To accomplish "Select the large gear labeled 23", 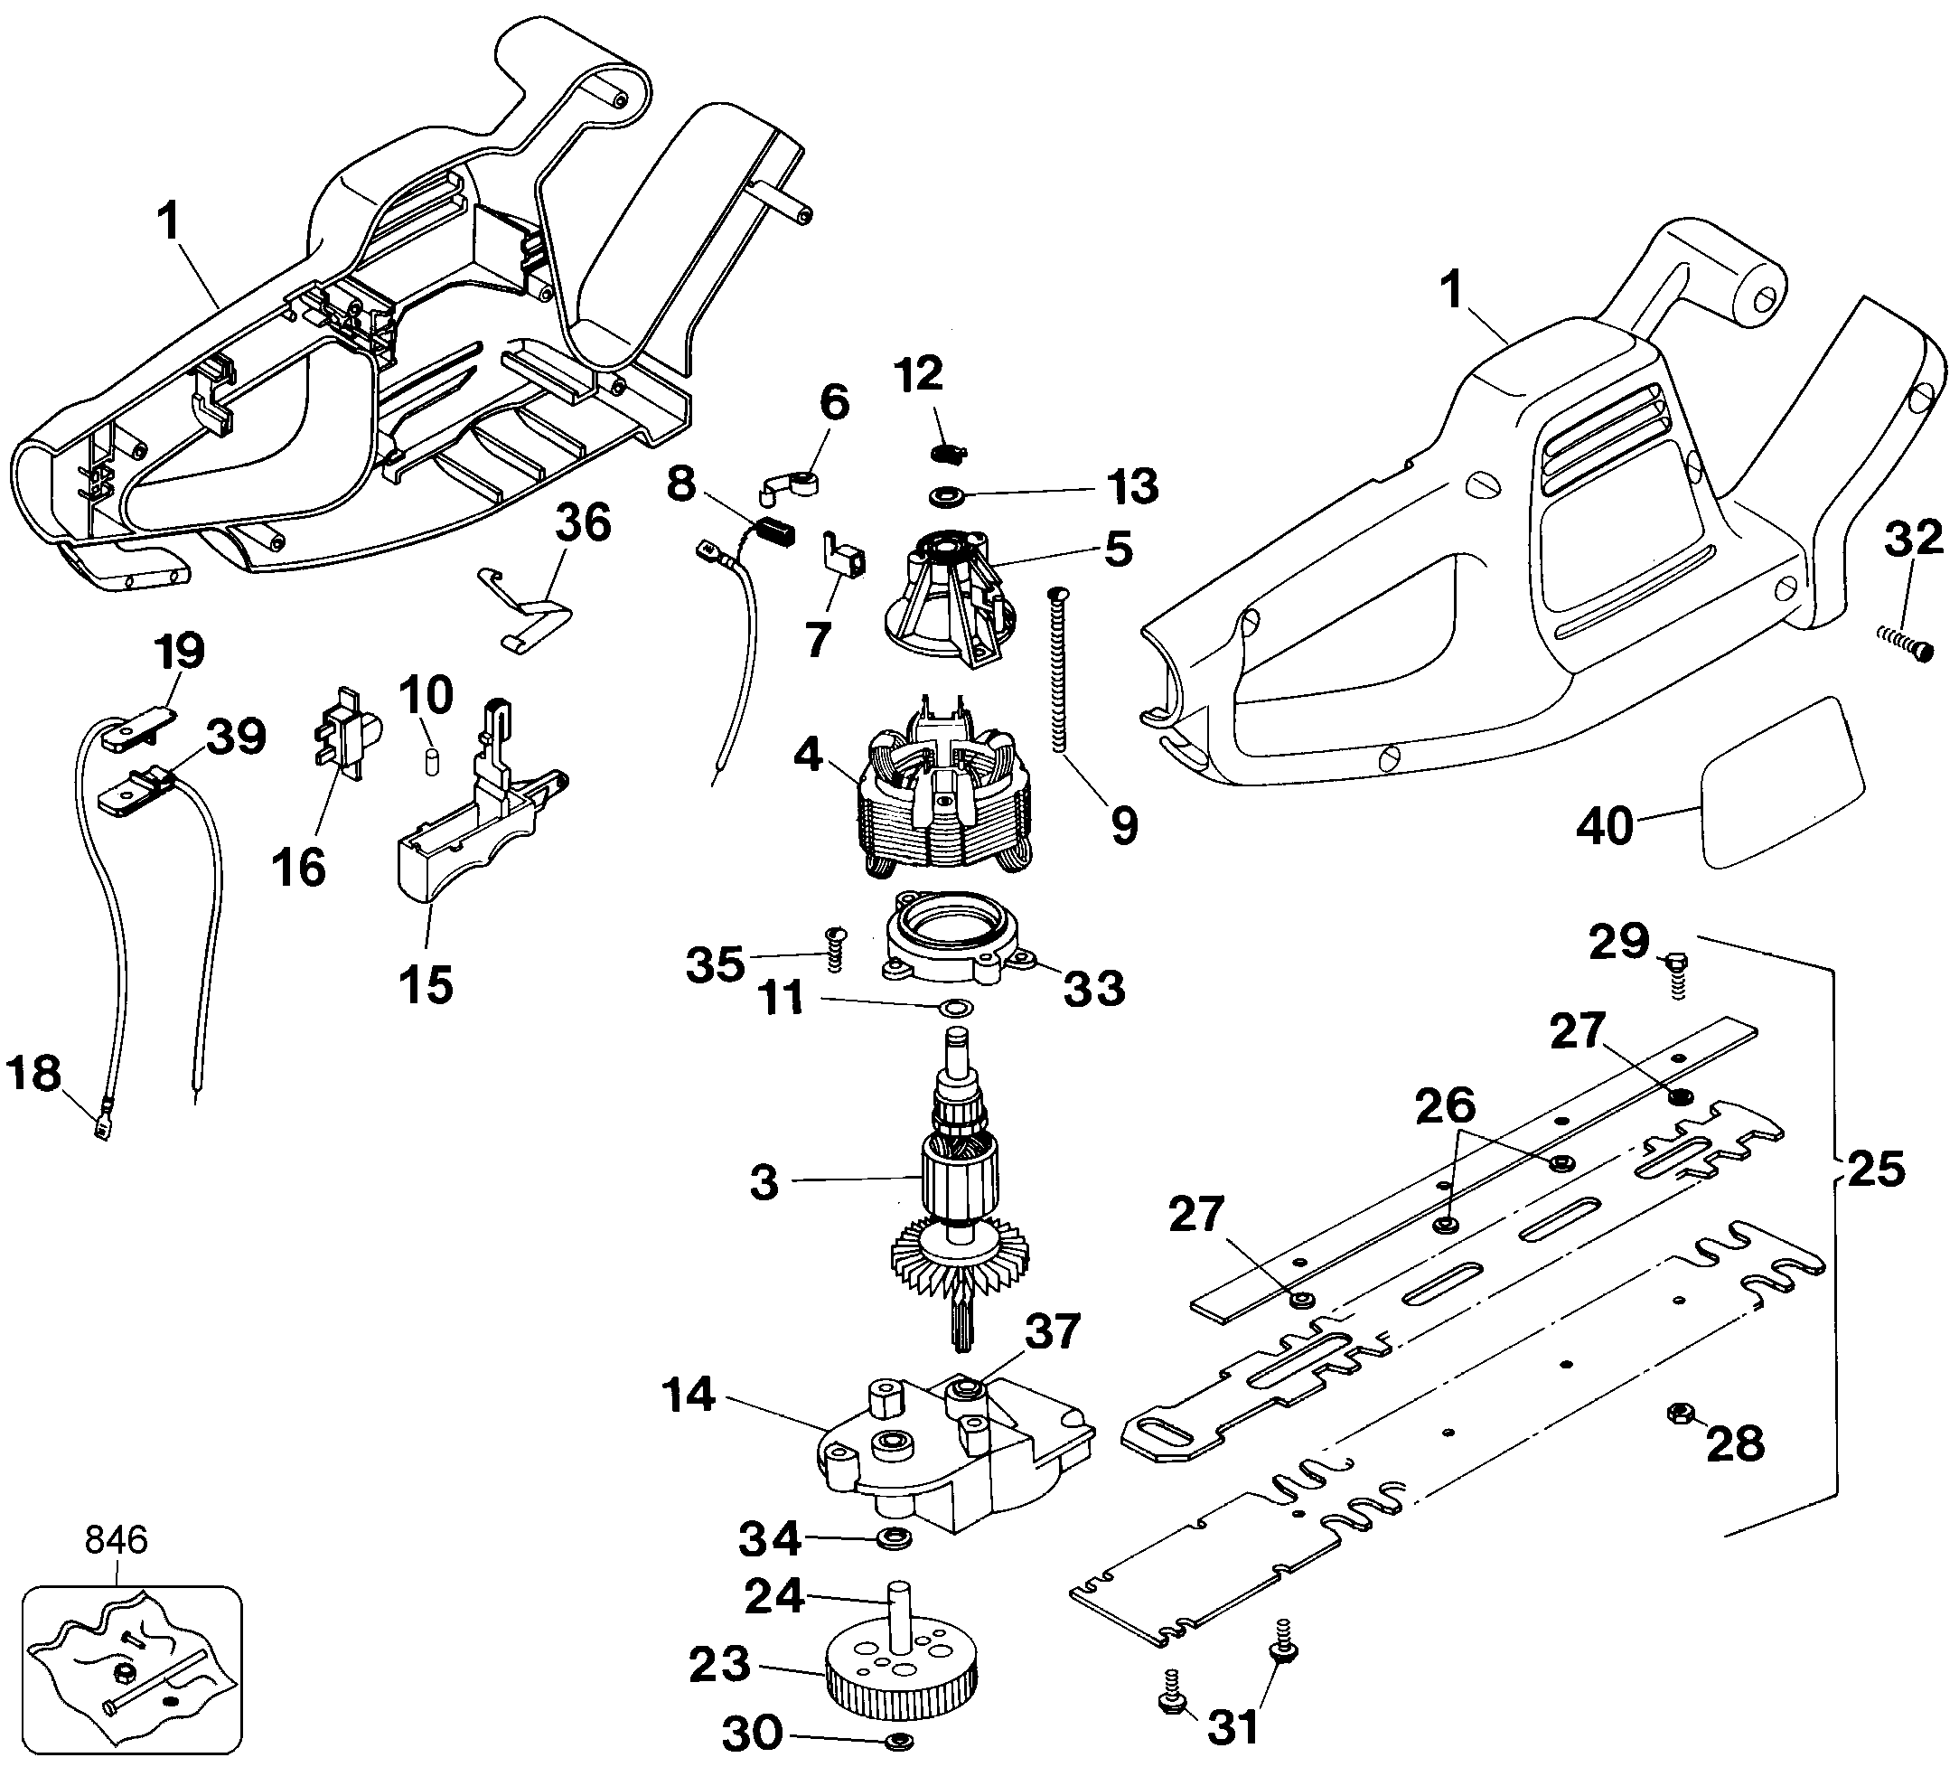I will point(900,1679).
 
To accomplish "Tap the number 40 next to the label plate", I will point(1605,825).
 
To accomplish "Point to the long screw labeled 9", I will point(1059,670).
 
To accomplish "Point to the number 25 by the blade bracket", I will point(1876,1170).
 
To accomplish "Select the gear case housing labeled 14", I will point(956,1456).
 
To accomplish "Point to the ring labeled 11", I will point(954,1009).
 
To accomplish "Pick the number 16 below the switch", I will point(298,867).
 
